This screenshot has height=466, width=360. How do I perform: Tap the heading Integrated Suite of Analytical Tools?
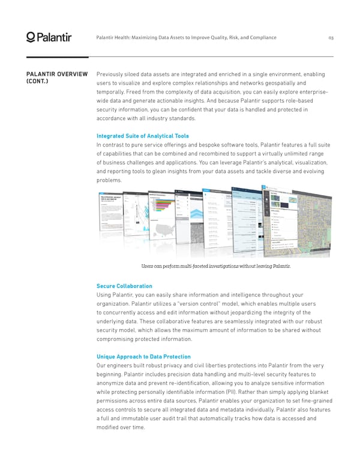(x=142, y=136)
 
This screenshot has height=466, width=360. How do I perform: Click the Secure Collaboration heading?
(x=124, y=286)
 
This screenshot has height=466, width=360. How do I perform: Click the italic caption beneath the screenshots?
(x=215, y=266)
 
